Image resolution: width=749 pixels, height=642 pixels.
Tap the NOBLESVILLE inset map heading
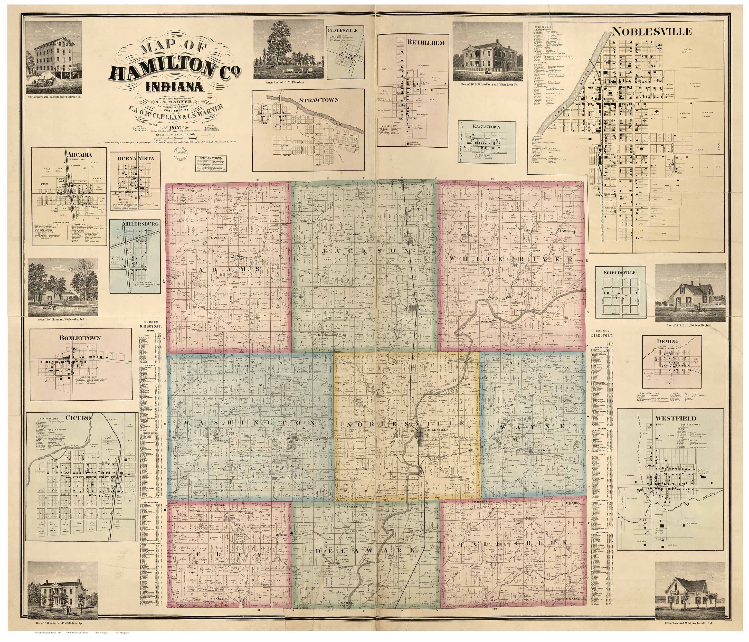pyautogui.click(x=651, y=31)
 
